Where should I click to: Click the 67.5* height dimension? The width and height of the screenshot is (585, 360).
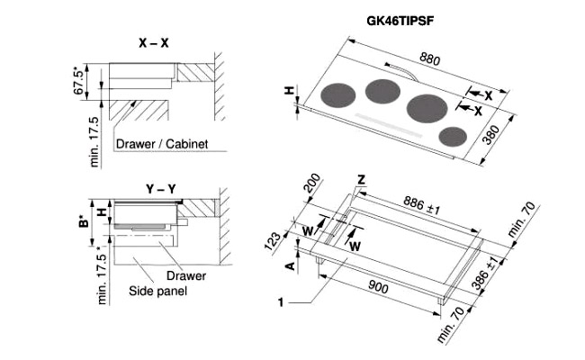[x=78, y=79]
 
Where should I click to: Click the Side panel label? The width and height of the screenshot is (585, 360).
[x=157, y=292]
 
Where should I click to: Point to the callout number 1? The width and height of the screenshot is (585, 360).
[x=282, y=303]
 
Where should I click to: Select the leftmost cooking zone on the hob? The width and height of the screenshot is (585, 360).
[x=335, y=95]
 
